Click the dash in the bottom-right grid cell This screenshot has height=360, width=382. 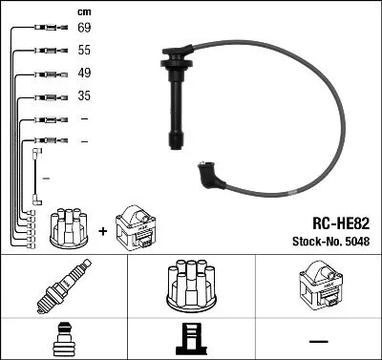pyautogui.click(x=317, y=341)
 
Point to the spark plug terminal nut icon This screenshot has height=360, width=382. pyautogui.click(x=62, y=340)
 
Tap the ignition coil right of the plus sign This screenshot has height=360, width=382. pyautogui.click(x=136, y=228)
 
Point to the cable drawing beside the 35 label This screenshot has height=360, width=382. pyautogui.click(x=49, y=96)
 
